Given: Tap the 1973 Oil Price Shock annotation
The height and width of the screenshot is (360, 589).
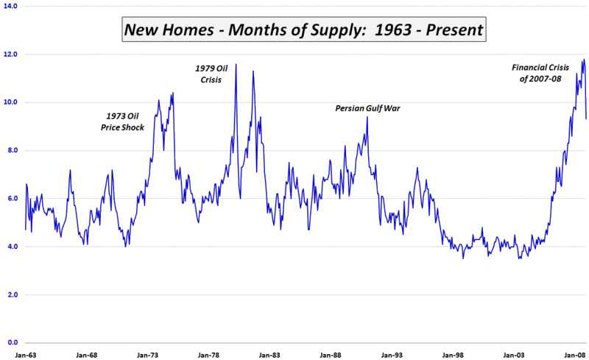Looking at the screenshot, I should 123,121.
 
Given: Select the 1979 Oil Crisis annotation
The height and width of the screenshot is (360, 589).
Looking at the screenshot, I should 212,73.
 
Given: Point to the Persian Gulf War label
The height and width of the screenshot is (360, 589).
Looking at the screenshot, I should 372,107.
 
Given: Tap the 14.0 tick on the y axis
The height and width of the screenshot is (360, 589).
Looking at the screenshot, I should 12,6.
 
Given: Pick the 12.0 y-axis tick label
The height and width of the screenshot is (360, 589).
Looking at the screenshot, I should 12,54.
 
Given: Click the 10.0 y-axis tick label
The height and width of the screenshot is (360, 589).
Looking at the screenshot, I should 12,102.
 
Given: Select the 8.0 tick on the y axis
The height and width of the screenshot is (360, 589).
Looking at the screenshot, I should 13,150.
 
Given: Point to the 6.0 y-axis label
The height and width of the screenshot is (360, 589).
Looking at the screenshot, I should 13,199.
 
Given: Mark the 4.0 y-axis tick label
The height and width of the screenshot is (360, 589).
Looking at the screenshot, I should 13,247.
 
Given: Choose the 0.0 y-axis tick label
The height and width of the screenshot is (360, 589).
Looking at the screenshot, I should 13,343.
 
